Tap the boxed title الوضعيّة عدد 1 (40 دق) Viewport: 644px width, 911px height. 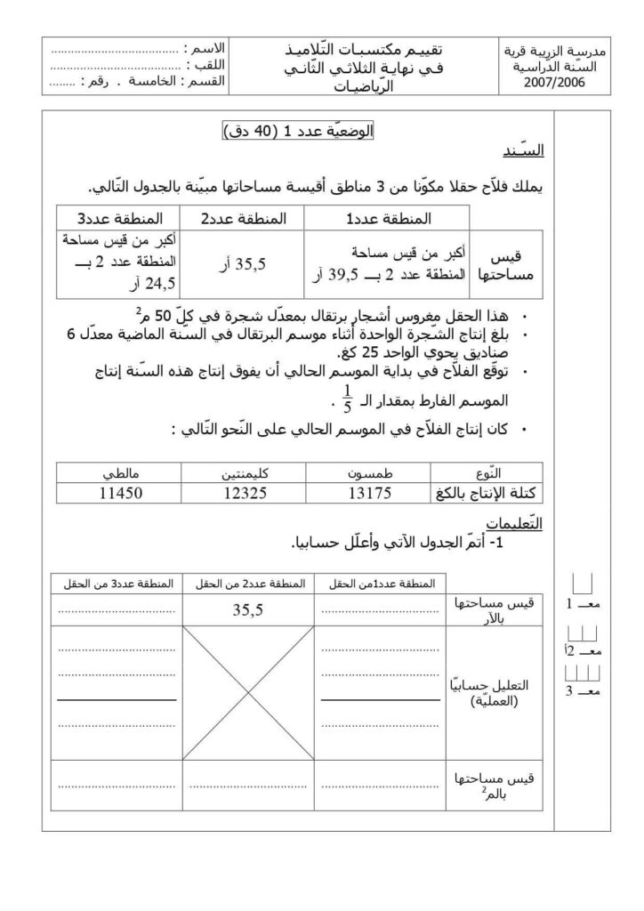[297, 132]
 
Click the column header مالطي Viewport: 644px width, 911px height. [119, 473]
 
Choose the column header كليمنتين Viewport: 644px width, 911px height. [243, 473]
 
